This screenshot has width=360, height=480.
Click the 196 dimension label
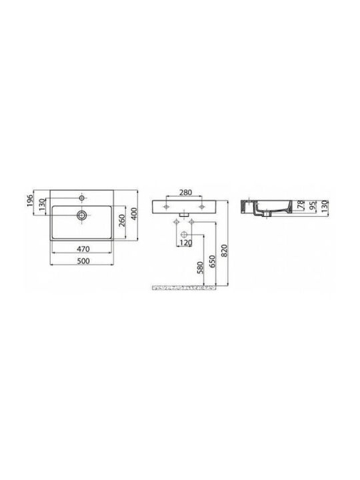pos(30,200)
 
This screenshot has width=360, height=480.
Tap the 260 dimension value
pos(121,221)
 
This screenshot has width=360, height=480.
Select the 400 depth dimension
pos(134,213)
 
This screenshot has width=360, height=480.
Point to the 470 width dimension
pos(83,249)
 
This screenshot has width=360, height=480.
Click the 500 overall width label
pos(83,261)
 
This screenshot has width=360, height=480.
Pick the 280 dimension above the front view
pos(185,192)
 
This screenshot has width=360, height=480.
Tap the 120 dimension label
pos(185,243)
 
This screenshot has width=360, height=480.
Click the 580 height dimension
pos(201,268)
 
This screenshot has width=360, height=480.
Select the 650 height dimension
pos(213,261)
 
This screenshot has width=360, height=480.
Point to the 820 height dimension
pos(225,251)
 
